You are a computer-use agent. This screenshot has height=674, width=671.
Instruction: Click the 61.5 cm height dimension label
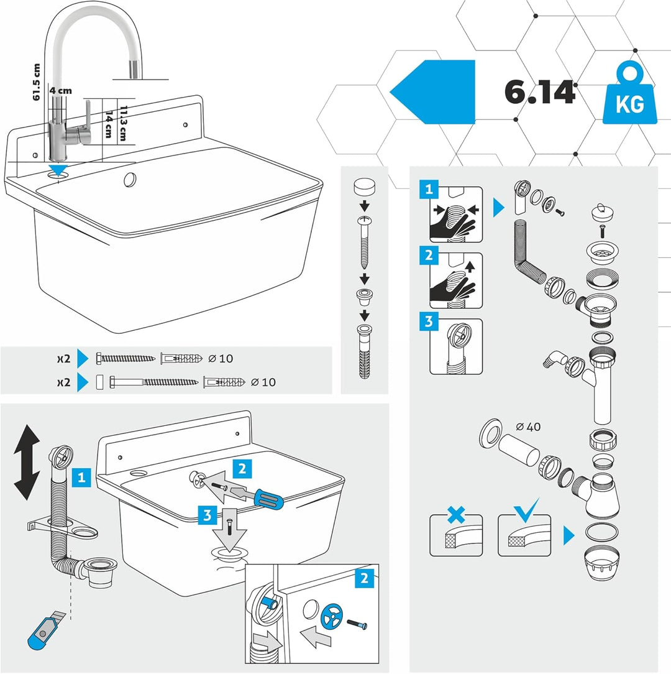(x=36, y=82)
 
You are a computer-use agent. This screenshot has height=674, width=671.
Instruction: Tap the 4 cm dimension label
(x=60, y=91)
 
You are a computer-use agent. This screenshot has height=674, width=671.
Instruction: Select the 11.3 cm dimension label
(x=123, y=123)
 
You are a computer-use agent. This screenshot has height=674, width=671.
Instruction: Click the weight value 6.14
(x=539, y=91)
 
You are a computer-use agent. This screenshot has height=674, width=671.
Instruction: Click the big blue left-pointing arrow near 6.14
(x=432, y=92)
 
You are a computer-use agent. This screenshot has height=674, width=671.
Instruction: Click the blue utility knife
(x=45, y=630)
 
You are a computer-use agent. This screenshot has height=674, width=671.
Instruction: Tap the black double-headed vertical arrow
(x=27, y=462)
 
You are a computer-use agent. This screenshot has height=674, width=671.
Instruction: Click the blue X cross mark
(x=456, y=515)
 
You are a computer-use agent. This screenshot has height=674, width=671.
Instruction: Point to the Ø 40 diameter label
(x=528, y=427)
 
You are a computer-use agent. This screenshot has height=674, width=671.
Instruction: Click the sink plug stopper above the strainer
(x=602, y=213)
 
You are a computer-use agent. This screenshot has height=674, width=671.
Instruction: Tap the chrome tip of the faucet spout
(x=135, y=69)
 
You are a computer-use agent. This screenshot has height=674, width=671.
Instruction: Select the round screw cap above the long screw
(x=364, y=187)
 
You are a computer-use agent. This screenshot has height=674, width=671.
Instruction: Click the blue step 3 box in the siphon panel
(x=429, y=321)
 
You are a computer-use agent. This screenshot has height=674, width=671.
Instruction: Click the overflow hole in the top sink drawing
(x=130, y=180)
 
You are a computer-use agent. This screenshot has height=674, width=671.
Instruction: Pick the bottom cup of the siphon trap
(x=601, y=563)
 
